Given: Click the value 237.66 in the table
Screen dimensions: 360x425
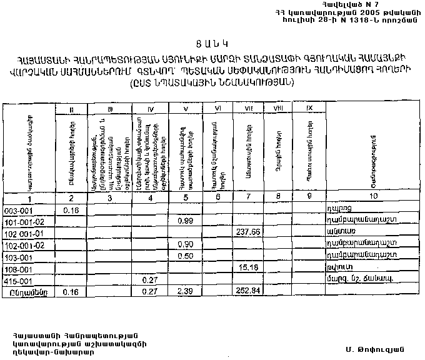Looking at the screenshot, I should tap(249, 232).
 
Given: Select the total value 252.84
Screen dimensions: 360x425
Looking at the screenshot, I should tap(248, 290).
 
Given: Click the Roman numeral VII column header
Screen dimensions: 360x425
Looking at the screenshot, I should tap(249, 109).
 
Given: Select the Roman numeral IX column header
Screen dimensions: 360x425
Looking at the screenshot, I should tap(309, 109).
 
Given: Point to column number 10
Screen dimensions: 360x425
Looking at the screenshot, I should tap(374, 198).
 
